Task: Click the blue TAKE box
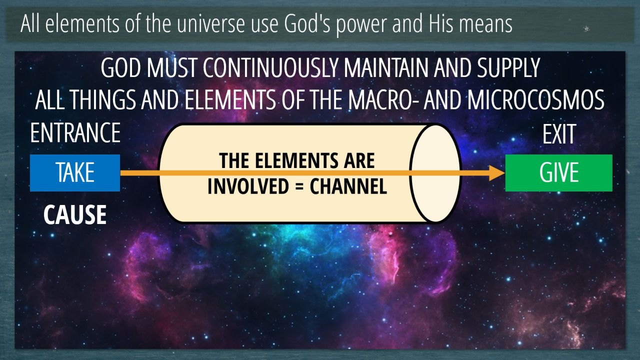[x=75, y=173]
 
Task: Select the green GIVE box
[x=559, y=173]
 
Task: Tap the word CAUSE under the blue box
[x=75, y=215]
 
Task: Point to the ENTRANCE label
[x=75, y=133]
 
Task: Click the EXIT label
[x=559, y=134]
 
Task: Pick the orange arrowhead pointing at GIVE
[x=497, y=173]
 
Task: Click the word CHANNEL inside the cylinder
[x=348, y=186]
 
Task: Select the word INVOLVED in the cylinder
[x=248, y=186]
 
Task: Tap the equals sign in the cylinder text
[x=299, y=187]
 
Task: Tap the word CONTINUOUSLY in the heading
[x=271, y=68]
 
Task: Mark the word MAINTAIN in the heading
[x=386, y=68]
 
